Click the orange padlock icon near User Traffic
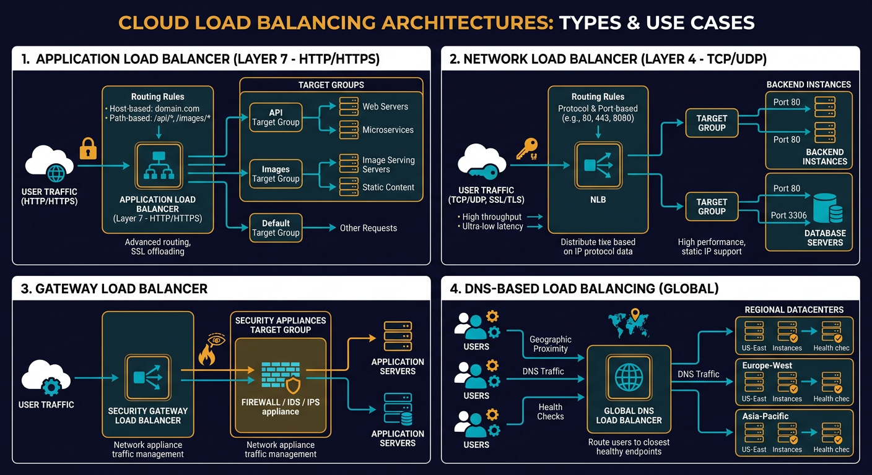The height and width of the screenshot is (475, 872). [88, 148]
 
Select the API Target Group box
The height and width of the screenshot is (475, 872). [276, 118]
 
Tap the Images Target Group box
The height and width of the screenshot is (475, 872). [276, 174]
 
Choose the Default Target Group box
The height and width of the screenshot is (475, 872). [276, 228]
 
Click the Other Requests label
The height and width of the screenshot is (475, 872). [368, 228]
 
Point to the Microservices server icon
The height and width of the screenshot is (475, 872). [349, 130]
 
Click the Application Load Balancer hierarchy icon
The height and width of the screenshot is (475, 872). [159, 166]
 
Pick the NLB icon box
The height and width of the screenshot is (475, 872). [598, 166]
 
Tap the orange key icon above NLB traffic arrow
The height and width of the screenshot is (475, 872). [528, 149]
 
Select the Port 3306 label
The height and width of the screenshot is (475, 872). [788, 215]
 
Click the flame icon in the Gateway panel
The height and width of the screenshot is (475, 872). [207, 355]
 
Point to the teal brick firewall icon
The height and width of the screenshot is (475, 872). [281, 375]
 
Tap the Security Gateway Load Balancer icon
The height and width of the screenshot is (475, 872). [147, 377]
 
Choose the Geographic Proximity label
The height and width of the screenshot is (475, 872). [551, 344]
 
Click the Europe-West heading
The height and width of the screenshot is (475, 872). [767, 366]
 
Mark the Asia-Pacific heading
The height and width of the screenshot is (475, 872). [765, 416]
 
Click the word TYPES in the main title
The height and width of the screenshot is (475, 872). [590, 22]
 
